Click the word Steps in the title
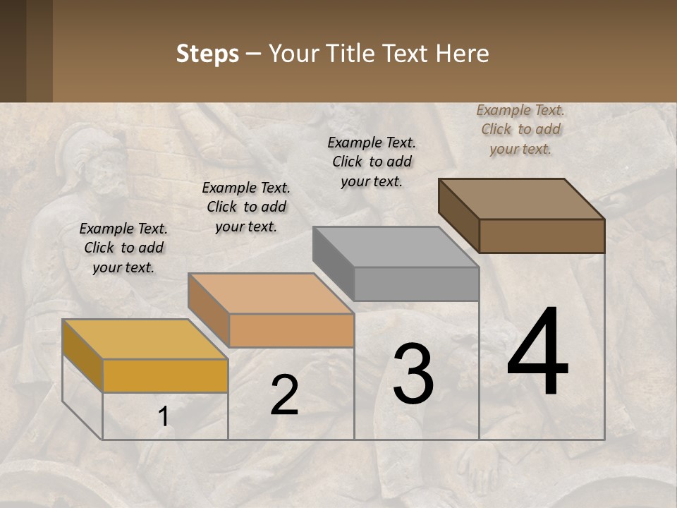(207, 54)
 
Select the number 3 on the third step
(413, 373)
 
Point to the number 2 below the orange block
(284, 394)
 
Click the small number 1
(164, 417)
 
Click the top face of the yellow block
(145, 339)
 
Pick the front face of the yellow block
(165, 375)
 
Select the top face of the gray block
(396, 247)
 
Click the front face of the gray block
(416, 284)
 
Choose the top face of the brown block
(521, 199)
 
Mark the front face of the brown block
(542, 236)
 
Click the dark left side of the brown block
(458, 216)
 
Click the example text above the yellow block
(123, 248)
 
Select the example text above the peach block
(246, 207)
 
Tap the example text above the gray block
(372, 162)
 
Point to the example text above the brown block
(520, 129)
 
